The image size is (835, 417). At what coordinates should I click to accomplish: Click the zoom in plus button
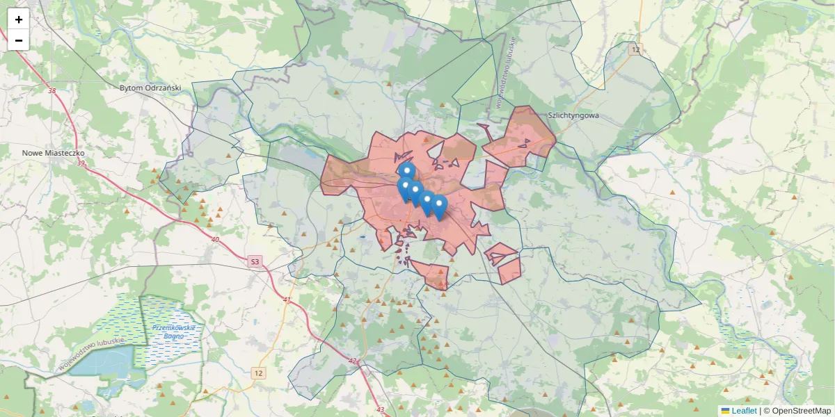[x=19, y=19]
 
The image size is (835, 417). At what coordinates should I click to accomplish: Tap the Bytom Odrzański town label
[x=150, y=88]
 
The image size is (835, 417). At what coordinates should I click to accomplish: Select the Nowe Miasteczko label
[x=53, y=153]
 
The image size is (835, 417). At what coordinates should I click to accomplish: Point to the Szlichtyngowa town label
[x=573, y=116]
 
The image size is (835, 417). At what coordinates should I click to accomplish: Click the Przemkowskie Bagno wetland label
[x=174, y=332]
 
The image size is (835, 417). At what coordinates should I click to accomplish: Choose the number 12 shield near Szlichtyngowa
[x=634, y=49]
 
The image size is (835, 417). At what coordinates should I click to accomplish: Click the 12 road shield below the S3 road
[x=259, y=373]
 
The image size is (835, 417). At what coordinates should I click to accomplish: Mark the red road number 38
[x=52, y=91]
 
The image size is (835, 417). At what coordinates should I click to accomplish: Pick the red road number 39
[x=81, y=163]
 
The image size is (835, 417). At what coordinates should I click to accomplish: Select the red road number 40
[x=214, y=240]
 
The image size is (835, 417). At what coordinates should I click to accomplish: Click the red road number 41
[x=287, y=300]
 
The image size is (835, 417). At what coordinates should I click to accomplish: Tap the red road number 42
[x=352, y=361]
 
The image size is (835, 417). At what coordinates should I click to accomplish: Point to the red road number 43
[x=380, y=409]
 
